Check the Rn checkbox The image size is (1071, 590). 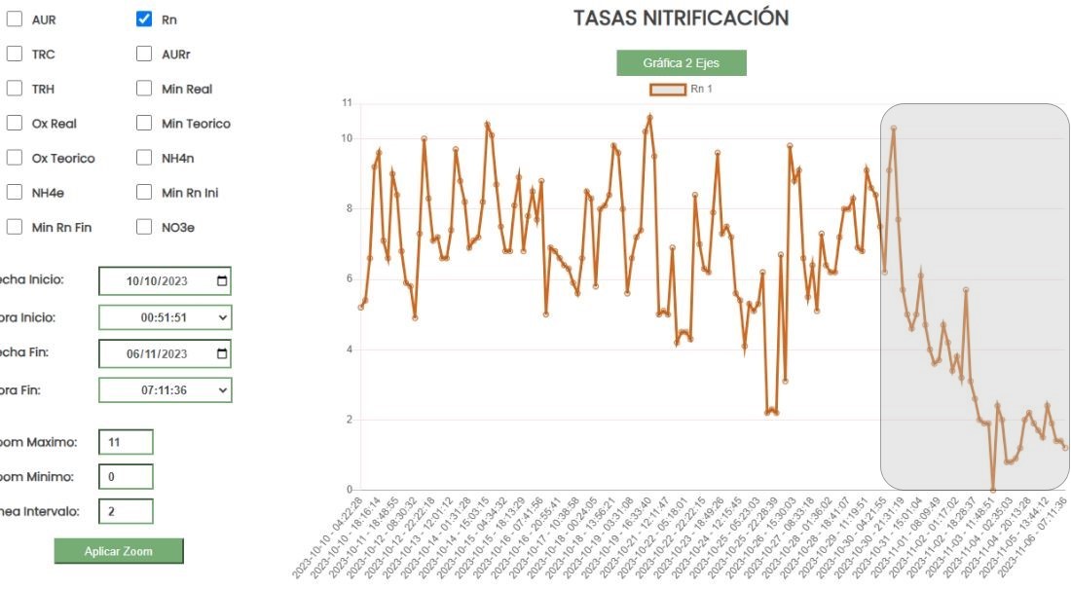[x=144, y=19]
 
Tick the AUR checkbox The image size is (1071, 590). [x=15, y=19]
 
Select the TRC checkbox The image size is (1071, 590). [x=15, y=55]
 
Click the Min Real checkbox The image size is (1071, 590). [x=144, y=89]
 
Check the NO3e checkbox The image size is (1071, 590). [x=144, y=227]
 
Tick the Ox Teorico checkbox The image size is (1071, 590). [x=15, y=158]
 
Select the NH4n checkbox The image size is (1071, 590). [x=144, y=158]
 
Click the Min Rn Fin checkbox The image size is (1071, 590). [x=15, y=227]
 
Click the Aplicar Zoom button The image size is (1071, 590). [x=118, y=551]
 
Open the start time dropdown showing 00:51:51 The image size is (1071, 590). [x=165, y=317]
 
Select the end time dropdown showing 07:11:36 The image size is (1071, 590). [x=165, y=390]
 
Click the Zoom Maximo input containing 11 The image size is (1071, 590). [x=126, y=442]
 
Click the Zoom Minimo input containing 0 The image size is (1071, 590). [x=126, y=477]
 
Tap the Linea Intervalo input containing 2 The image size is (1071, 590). [x=126, y=511]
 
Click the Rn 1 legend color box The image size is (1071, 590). [x=667, y=90]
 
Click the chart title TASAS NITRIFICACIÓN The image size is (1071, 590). [x=681, y=18]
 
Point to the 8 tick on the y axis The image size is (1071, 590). [x=348, y=208]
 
